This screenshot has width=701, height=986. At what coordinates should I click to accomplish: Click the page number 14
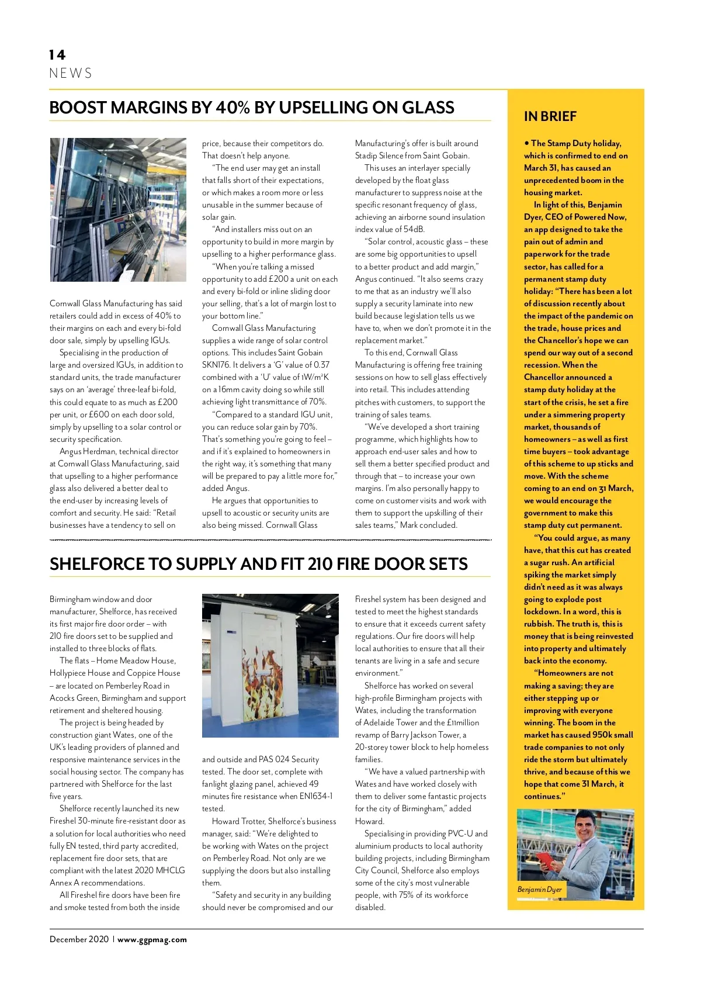(57, 55)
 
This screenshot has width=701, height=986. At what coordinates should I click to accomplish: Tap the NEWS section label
(71, 74)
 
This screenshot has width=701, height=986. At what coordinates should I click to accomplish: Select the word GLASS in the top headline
(428, 108)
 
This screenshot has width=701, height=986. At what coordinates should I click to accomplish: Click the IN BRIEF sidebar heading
(550, 117)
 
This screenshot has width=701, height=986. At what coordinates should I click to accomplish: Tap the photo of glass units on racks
(118, 210)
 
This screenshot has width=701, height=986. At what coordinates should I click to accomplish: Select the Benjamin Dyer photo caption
(539, 890)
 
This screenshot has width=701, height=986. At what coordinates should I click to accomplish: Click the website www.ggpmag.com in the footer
(152, 940)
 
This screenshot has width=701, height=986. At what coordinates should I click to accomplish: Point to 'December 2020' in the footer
(79, 940)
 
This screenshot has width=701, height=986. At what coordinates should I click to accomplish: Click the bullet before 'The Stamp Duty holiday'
(526, 143)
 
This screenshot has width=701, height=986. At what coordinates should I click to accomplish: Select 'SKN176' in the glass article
(216, 365)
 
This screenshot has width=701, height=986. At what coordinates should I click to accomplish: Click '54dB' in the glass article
(414, 230)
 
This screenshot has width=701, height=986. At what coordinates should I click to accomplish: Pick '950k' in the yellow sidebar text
(603, 735)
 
